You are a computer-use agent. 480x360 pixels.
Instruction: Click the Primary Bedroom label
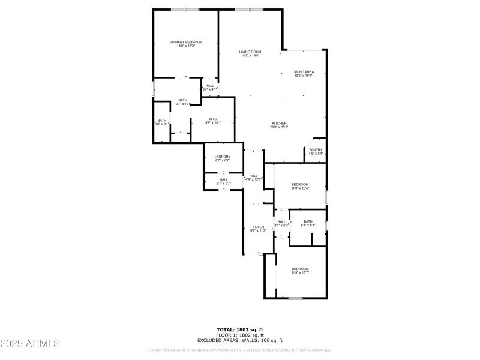185,42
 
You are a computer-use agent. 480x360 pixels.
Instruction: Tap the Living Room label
250,52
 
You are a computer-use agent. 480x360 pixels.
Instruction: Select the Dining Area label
303,72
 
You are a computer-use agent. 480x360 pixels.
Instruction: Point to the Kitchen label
279,123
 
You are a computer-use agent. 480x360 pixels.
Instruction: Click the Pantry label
316,149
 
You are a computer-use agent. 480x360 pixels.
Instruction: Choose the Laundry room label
223,157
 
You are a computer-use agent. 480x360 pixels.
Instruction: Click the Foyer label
258,227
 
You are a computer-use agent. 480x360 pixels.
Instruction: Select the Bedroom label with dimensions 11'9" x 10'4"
300,184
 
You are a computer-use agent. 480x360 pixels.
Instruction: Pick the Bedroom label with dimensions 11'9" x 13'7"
300,268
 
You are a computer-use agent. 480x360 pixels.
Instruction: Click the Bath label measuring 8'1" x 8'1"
308,221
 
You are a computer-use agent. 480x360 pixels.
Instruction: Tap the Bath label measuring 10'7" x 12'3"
182,100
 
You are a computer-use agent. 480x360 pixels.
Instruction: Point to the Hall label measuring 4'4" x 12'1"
253,176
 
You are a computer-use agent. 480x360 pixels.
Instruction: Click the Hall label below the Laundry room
223,179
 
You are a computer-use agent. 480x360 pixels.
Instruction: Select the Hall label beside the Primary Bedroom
209,85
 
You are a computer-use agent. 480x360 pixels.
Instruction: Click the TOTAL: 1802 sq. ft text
239,329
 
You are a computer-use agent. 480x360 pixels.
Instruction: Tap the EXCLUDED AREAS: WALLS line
239,340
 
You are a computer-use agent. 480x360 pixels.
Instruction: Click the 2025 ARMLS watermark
30,344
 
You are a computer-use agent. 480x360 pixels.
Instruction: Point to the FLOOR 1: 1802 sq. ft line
239,335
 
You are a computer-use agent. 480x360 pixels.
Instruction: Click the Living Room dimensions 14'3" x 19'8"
250,56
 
